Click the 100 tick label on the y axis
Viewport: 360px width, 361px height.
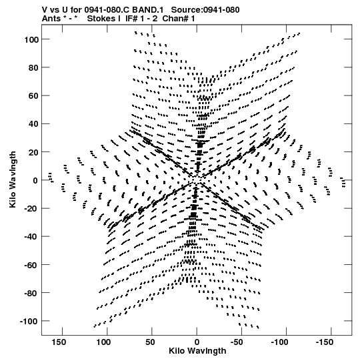point(31,39)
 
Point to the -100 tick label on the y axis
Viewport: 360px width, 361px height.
point(29,321)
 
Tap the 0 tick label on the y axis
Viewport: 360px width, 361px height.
point(35,180)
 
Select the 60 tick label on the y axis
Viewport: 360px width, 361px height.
point(33,96)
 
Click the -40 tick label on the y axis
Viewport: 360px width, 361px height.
point(31,237)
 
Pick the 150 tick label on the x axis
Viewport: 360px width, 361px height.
point(59,342)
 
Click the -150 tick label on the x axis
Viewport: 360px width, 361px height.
point(325,342)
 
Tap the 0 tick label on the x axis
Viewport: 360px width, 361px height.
point(197,342)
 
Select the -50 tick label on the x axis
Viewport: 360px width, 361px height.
point(237,342)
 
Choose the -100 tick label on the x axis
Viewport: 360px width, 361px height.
point(279,342)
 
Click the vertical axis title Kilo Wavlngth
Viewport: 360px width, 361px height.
point(13,179)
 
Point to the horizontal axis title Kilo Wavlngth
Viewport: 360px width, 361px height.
point(197,351)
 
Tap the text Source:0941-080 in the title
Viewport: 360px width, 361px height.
point(205,10)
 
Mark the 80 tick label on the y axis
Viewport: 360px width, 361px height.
point(33,67)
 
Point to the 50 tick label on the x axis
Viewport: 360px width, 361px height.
point(150,342)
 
